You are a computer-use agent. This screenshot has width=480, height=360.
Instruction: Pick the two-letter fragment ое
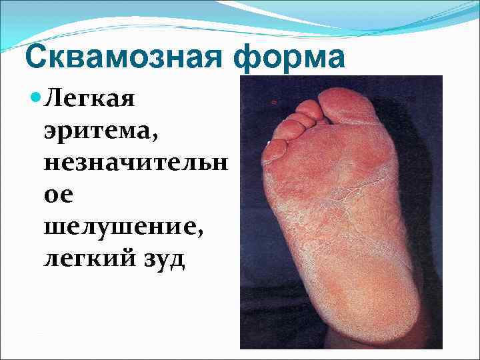click(58, 195)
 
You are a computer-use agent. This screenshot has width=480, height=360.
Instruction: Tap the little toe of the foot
click(273, 149)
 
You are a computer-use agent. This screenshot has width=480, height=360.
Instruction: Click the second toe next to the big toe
click(311, 111)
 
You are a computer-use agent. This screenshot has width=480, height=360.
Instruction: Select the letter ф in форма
click(247, 58)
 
